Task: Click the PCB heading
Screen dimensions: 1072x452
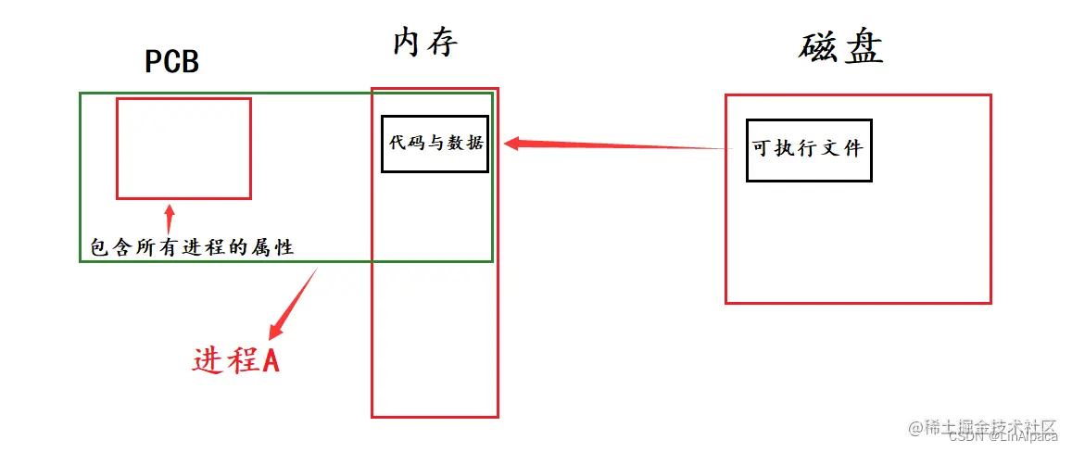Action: pyautogui.click(x=172, y=62)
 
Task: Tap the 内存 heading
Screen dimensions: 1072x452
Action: pyautogui.click(x=425, y=42)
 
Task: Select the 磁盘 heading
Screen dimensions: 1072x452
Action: pyautogui.click(x=840, y=47)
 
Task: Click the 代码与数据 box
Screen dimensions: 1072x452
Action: pyautogui.click(x=435, y=144)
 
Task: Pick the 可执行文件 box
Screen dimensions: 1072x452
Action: pyautogui.click(x=808, y=149)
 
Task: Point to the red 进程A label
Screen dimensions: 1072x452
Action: pyautogui.click(x=236, y=360)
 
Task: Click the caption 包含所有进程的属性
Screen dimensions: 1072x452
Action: pyautogui.click(x=191, y=247)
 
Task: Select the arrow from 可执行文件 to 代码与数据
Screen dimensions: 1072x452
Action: pyautogui.click(x=612, y=145)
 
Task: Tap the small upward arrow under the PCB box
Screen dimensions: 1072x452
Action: pyautogui.click(x=169, y=218)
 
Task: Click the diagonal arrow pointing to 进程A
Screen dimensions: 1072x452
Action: pyautogui.click(x=294, y=303)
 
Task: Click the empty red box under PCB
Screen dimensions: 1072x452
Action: pyautogui.click(x=183, y=148)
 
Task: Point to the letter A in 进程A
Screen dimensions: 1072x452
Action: pyautogui.click(x=271, y=360)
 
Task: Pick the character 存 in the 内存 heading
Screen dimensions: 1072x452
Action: pyautogui.click(x=442, y=42)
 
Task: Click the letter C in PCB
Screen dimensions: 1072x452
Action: pyautogui.click(x=172, y=62)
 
